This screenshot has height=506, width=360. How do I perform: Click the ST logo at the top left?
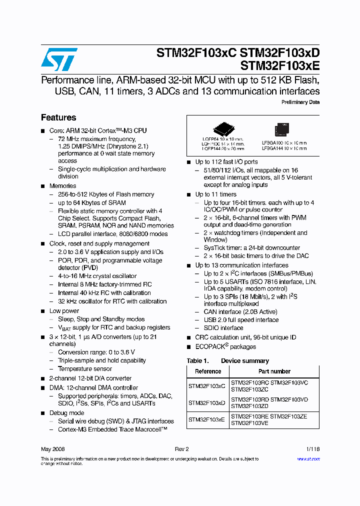click(x=59, y=59)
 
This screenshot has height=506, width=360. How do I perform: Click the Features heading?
click(x=58, y=117)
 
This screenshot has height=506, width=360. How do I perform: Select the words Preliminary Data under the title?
click(x=300, y=102)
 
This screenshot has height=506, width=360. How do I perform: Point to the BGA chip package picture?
click(x=282, y=130)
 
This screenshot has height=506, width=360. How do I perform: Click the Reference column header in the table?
click(x=208, y=371)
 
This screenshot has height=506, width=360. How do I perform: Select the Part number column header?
click(x=274, y=371)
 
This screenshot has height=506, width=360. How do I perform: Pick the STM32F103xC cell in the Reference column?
click(x=207, y=386)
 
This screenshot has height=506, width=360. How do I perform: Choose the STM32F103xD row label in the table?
click(x=207, y=402)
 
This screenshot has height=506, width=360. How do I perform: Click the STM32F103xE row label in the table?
click(x=207, y=419)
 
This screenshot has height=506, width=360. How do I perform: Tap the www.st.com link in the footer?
click(x=310, y=459)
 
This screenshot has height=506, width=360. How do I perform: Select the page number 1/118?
click(x=312, y=449)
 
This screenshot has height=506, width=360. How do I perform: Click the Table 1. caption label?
click(x=197, y=361)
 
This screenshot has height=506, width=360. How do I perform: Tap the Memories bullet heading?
click(x=63, y=186)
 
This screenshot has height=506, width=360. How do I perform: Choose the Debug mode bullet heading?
click(x=67, y=413)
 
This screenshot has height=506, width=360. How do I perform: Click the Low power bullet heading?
click(x=64, y=311)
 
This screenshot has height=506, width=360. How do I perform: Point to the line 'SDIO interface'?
click(x=223, y=328)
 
